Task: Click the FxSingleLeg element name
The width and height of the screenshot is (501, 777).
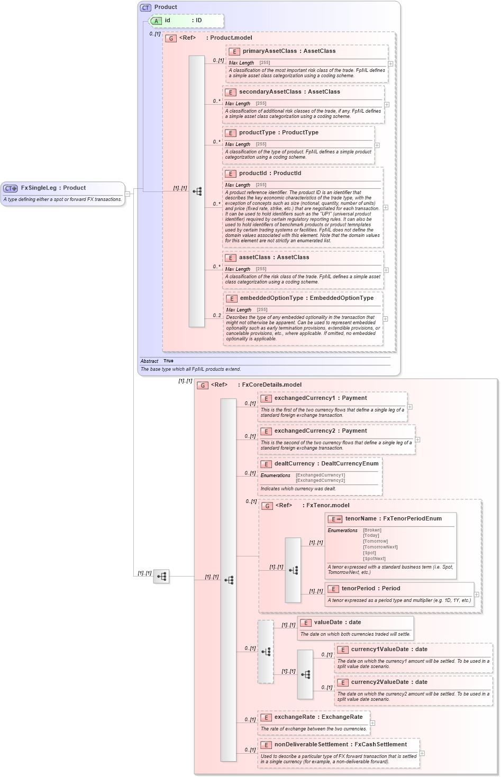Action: [x=38, y=188]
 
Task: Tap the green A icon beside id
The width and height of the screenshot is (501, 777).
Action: [x=157, y=21]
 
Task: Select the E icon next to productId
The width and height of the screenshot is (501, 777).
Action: [x=230, y=173]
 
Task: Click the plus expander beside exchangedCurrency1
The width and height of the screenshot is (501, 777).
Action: [x=410, y=407]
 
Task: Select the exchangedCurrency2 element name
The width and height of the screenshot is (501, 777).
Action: [x=304, y=431]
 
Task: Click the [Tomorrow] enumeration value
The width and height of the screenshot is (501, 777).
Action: [x=375, y=541]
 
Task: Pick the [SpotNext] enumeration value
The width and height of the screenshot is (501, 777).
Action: [x=374, y=559]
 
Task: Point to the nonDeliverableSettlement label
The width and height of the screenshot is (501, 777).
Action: [x=311, y=745]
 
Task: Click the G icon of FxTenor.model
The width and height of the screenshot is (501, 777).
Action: [x=268, y=506]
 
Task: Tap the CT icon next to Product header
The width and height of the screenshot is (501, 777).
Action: [x=145, y=7]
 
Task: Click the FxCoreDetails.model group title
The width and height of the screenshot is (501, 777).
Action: [x=271, y=385]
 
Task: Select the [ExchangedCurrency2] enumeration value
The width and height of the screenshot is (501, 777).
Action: [x=320, y=480]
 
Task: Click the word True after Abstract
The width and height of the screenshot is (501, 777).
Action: [x=168, y=361]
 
